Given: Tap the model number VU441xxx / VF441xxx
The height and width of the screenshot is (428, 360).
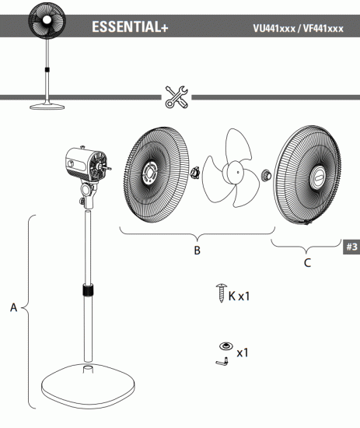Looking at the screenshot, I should (x=298, y=29).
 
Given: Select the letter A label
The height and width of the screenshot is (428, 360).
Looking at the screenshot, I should (x=13, y=308).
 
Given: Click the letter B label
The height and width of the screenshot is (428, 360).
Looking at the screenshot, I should (x=197, y=252).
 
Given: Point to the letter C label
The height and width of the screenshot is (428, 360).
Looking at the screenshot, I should (x=307, y=262).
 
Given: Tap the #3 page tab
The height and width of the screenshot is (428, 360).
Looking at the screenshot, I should (x=351, y=247).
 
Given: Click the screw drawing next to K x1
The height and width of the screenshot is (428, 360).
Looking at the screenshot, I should (x=219, y=295).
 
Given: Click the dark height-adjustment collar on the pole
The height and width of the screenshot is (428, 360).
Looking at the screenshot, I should (x=88, y=291).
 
